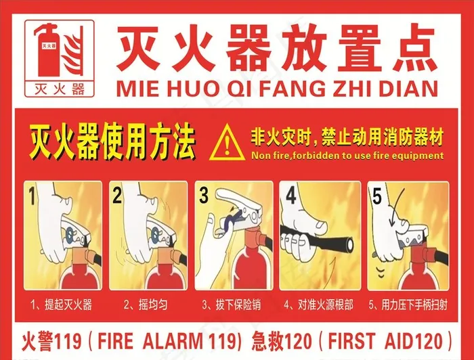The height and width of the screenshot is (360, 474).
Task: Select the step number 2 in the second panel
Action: (x=116, y=196)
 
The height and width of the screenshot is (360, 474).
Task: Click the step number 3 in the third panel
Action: (x=203, y=197)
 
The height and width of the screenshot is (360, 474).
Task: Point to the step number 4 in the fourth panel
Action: (x=290, y=196)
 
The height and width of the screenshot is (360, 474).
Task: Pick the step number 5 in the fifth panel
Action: (x=376, y=197)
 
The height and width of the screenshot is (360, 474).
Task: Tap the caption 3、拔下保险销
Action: (x=234, y=304)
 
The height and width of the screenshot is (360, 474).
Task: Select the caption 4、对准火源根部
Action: (x=318, y=304)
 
